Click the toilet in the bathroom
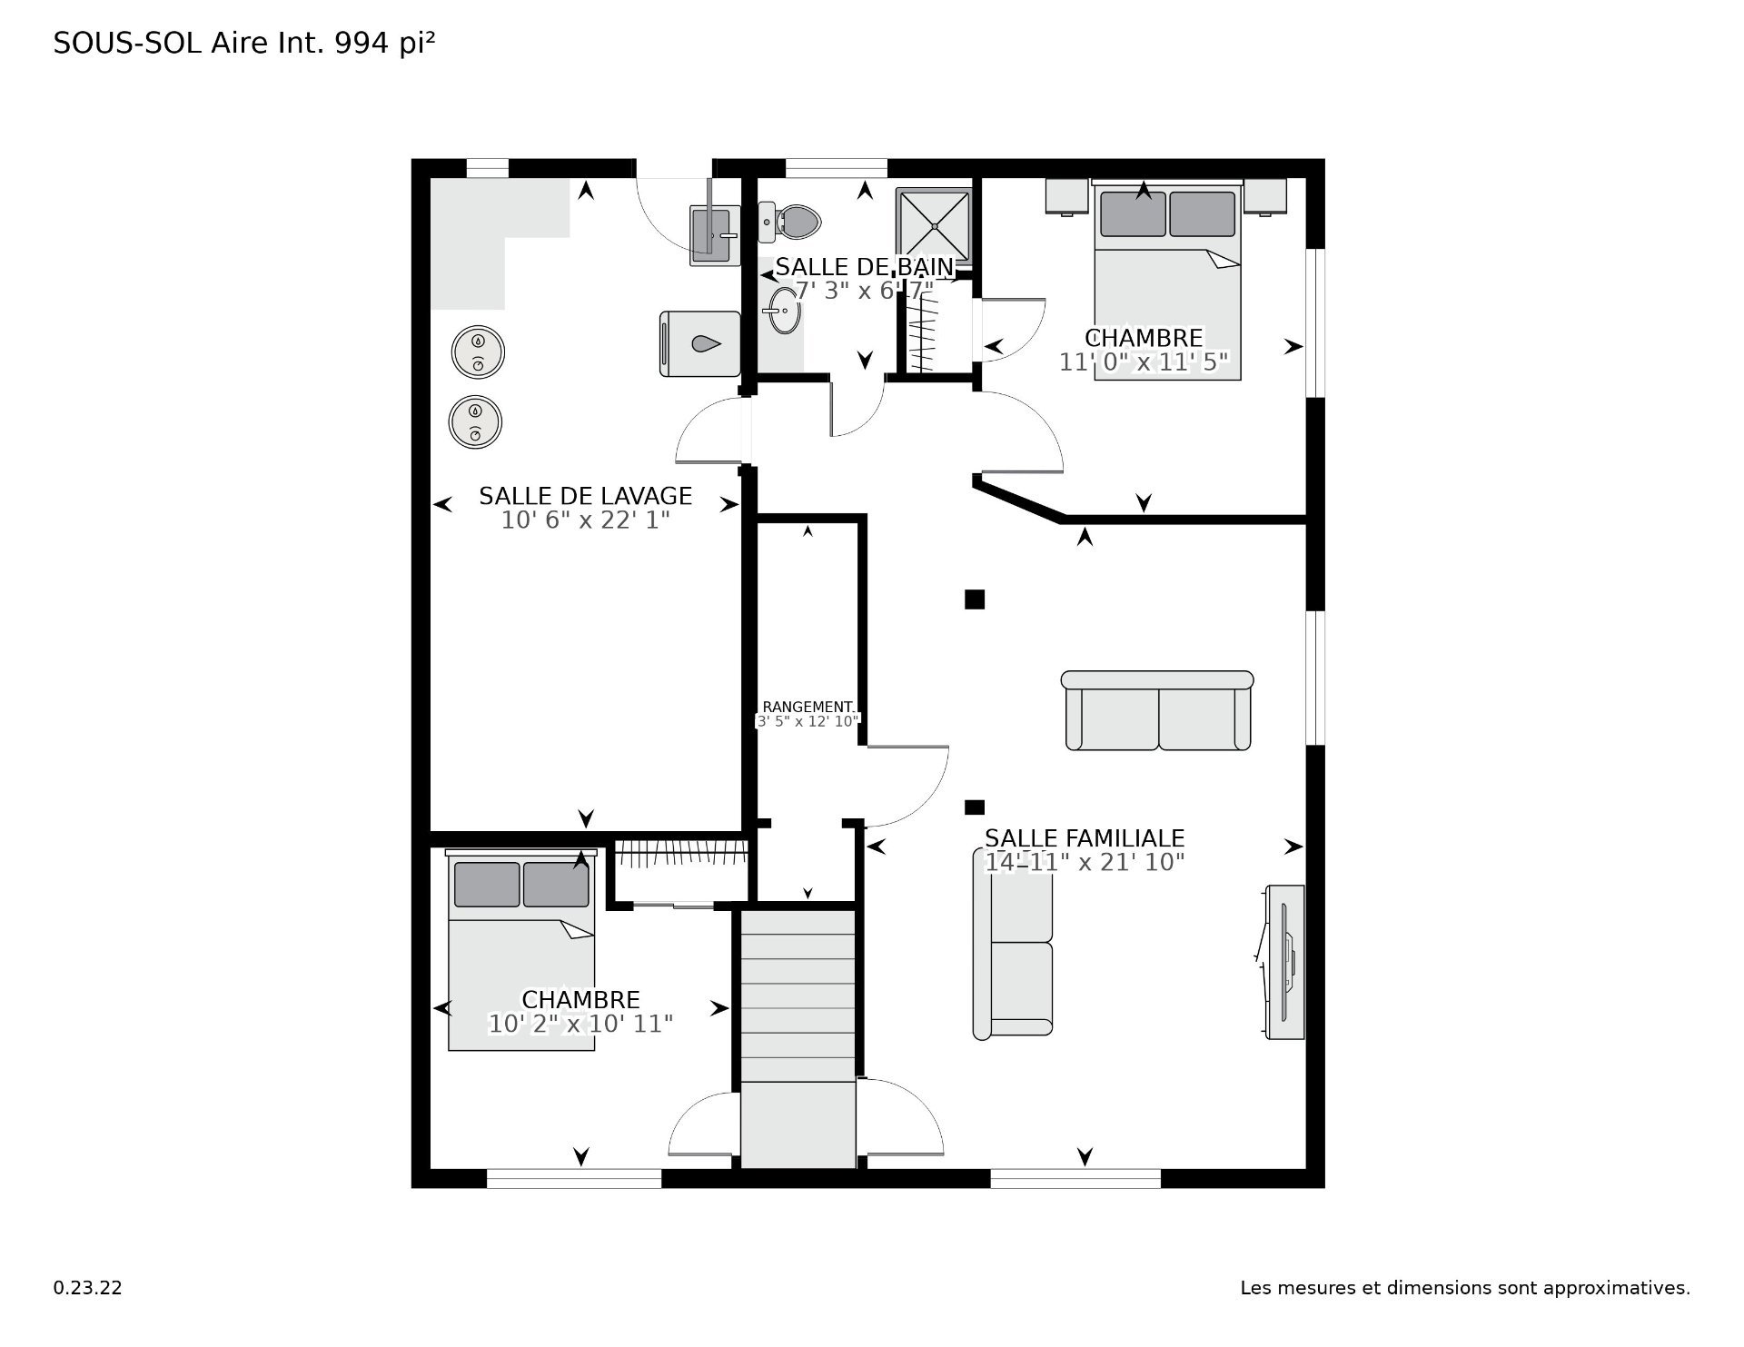pos(789,222)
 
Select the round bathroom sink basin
pos(782,311)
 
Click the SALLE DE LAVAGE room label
pos(586,496)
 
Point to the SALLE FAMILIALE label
pos(1085,838)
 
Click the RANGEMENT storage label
pos(808,707)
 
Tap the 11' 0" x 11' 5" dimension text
pos(1144,362)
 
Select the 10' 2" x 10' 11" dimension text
pos(581,1024)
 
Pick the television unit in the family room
pos(1283,962)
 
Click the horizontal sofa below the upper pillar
pos(1157,710)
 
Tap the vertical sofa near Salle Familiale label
pos(1013,944)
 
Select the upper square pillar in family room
pos(975,599)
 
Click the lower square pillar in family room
pos(975,807)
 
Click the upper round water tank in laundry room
pos(478,351)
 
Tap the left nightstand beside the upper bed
pos(1066,196)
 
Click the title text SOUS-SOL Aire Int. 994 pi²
pos(244,44)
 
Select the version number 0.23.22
pos(88,1288)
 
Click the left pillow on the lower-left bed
pos(487,885)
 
